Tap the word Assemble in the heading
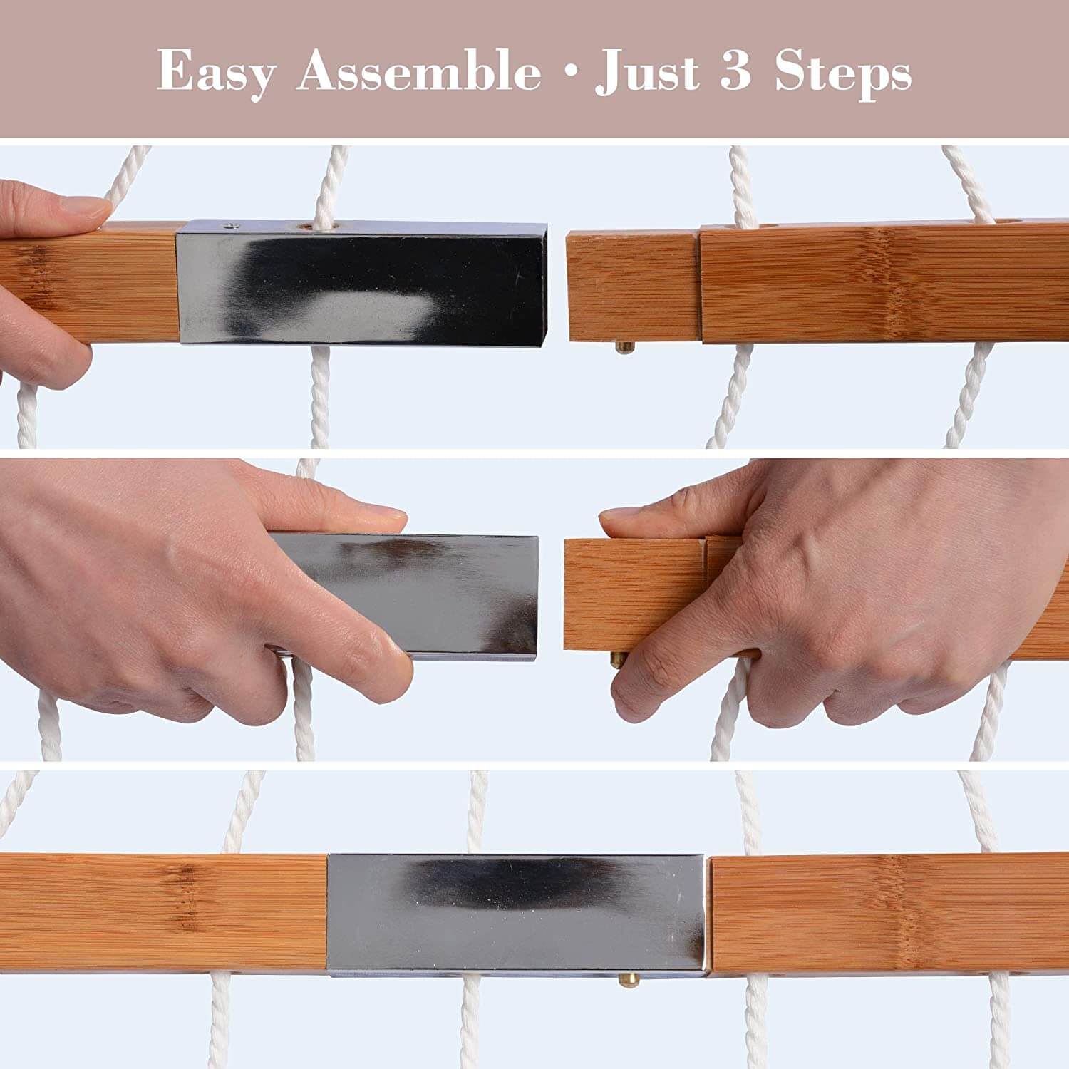[419, 71]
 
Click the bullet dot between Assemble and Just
[569, 73]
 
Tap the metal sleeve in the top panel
[362, 282]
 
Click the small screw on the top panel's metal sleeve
[229, 227]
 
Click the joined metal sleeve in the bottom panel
[516, 914]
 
